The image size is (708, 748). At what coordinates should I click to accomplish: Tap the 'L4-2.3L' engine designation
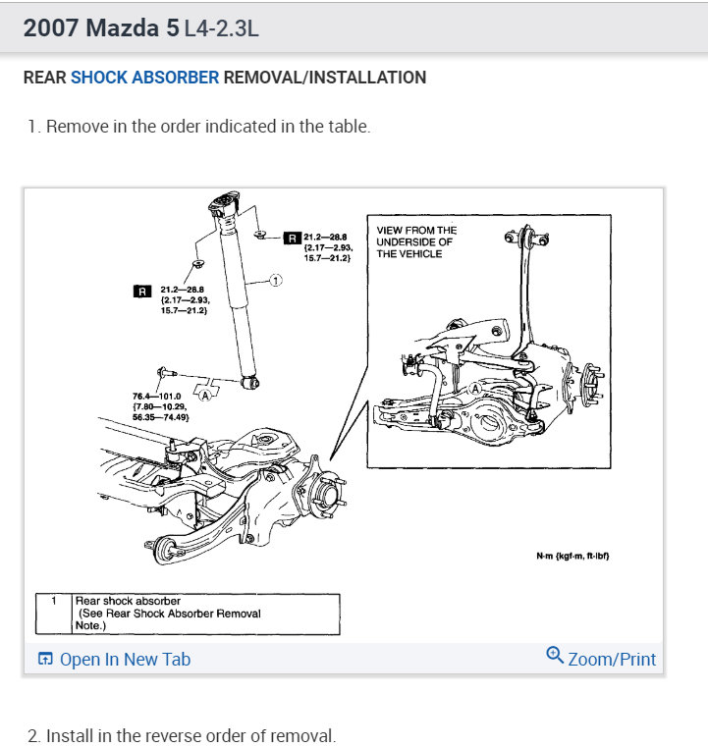221,28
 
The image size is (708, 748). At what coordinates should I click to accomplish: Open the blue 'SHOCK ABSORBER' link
144,78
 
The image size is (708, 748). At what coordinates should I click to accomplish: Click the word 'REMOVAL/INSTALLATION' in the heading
325,78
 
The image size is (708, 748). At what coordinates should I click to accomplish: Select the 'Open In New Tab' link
125,659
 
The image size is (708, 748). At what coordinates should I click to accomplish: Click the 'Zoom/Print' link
612,659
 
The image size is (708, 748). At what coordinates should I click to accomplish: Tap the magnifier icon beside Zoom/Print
555,656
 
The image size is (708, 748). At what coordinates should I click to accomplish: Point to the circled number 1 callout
275,281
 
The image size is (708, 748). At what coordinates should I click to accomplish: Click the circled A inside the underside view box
476,389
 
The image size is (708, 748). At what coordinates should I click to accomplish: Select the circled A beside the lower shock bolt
205,396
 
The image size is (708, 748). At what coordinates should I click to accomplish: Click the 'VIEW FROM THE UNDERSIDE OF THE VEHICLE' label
416,241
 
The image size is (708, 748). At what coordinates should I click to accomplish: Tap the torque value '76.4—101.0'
157,396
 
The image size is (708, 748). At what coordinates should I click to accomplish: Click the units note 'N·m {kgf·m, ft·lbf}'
573,556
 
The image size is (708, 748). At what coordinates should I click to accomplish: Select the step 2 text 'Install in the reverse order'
191,735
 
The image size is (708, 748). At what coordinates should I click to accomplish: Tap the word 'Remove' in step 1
76,128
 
